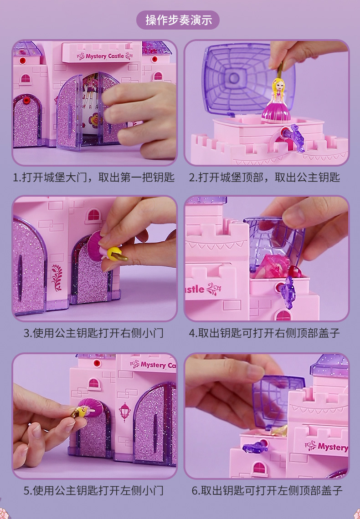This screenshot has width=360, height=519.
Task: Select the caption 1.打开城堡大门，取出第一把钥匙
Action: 93,177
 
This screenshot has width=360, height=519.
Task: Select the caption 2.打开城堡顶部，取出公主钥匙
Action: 265,177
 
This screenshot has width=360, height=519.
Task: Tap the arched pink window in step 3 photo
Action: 94,215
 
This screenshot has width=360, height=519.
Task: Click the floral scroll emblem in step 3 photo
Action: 57,277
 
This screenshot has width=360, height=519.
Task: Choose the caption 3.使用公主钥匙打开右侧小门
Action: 93,333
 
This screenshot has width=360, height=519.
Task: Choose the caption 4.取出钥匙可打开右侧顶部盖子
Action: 265,333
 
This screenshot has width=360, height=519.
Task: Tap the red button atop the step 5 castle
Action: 97,363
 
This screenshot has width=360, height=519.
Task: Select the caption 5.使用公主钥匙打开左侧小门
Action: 93,490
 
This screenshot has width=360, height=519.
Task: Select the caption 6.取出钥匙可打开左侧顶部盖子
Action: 267,490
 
